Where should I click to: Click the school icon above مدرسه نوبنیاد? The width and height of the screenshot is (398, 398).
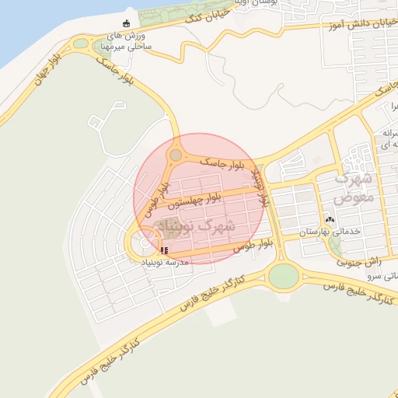pyautogui.click(x=163, y=250)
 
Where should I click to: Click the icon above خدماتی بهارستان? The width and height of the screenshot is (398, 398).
pyautogui.click(x=330, y=220)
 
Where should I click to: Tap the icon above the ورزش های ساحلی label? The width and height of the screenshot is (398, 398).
pyautogui.click(x=127, y=23)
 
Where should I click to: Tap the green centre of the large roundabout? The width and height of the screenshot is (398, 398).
pyautogui.click(x=284, y=275)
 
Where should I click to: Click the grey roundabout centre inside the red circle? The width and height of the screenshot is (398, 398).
pyautogui.click(x=176, y=155)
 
